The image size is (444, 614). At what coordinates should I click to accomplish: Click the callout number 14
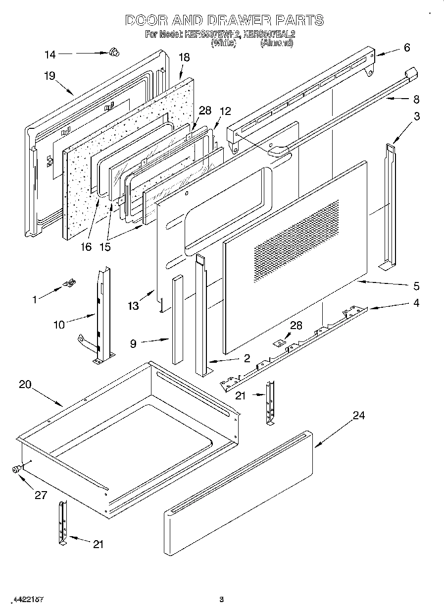coord(50,55)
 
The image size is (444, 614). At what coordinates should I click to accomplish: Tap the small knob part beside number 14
coord(113,51)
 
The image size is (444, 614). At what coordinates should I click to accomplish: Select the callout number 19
coord(49,76)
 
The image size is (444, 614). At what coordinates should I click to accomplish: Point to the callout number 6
coord(406,48)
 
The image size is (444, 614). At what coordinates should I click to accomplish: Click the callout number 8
coord(416,99)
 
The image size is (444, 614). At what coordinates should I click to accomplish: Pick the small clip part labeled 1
coord(70,283)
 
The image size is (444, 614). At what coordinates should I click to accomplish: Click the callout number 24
coord(358,415)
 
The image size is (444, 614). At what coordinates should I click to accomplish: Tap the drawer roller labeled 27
coord(18,468)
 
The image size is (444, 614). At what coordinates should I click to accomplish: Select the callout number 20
coord(26,384)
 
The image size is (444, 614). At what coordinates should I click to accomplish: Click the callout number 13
coord(133,307)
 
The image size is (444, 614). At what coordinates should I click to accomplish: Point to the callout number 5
coord(416,286)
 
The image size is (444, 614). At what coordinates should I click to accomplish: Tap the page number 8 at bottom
coord(222,599)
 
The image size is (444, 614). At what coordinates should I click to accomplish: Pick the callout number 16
coord(86,246)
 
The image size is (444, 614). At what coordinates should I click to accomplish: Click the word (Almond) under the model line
coord(277,43)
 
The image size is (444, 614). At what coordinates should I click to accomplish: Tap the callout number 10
coord(59,325)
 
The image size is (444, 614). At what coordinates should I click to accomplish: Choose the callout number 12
coord(225,112)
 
